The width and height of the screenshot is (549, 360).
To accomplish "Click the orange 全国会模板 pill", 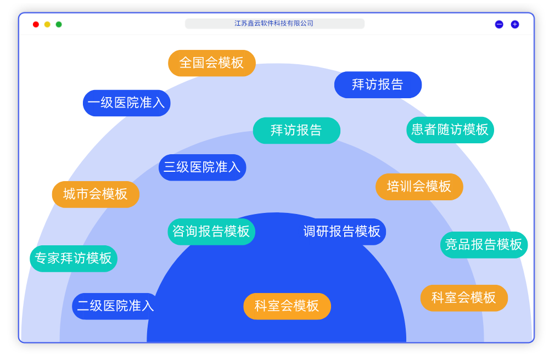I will coord(211,63).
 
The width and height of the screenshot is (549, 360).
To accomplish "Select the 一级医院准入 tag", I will coord(126,103).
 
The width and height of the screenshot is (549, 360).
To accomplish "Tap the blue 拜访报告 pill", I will coord(378,85).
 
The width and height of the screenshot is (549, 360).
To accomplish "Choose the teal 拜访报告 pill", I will coord(296,131).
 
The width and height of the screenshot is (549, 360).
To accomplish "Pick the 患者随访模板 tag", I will coord(450,130).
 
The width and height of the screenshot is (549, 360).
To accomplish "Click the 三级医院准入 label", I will coord(202,167).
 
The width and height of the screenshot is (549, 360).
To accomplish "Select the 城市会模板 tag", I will coord(96,194).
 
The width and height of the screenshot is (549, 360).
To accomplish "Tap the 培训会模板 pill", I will coord(419,187).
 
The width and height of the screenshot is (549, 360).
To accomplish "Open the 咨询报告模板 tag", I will coord(211,232).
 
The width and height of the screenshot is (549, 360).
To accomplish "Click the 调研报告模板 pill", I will coord(342,232).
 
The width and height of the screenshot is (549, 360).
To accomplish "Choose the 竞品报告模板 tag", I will coord(484,245).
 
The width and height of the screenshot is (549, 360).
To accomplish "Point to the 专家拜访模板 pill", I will coord(73,258).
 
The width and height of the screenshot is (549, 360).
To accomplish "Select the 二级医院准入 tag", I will coord(115,306).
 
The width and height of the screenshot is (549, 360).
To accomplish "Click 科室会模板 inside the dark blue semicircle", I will coord(287,306).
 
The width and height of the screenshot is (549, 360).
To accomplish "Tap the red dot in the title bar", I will coord(36,24).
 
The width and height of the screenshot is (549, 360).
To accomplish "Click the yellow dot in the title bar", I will coord(47,24).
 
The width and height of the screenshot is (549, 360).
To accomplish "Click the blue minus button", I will coord(499,24).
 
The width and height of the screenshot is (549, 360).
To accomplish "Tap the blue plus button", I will coord(515,24).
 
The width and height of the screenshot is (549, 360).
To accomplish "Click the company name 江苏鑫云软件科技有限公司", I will coord(274,24).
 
